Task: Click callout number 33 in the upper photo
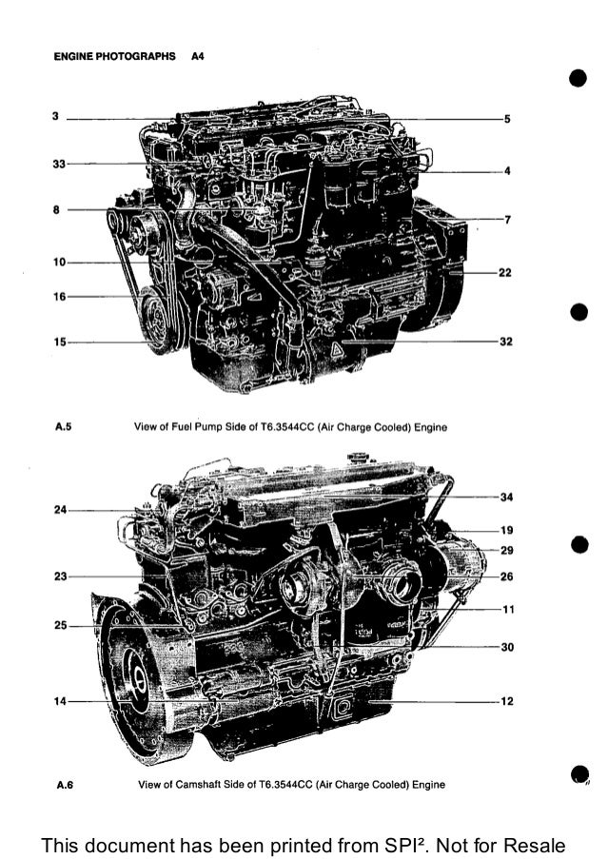coord(58,164)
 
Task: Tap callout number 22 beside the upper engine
coord(505,272)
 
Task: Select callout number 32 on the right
coord(505,341)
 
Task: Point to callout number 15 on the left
coord(58,342)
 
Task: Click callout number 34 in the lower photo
coord(506,497)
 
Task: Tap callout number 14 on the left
coord(60,701)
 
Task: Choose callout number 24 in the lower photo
coord(60,509)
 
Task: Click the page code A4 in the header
coord(198,56)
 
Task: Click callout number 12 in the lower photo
coord(506,701)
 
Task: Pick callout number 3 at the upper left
coord(56,117)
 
